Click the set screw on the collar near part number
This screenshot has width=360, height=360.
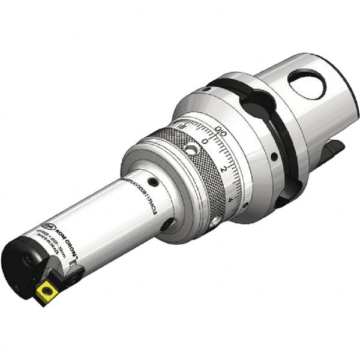(154, 182)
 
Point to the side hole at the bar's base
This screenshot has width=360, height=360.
(166, 224)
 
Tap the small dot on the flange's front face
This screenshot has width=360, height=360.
(274, 157)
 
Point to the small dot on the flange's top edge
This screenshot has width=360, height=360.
(206, 89)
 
